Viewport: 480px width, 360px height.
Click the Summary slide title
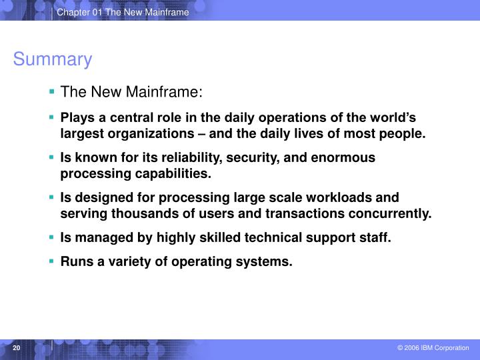pyautogui.click(x=52, y=60)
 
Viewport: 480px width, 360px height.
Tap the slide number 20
pyautogui.click(x=17, y=348)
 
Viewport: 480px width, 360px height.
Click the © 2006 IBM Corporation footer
pyautogui.click(x=433, y=348)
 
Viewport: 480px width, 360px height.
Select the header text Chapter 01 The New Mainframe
pyautogui.click(x=123, y=13)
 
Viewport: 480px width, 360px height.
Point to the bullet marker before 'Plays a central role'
pyautogui.click(x=52, y=118)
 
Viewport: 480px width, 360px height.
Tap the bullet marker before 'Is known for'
pyautogui.click(x=52, y=158)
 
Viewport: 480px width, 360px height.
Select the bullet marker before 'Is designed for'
pyautogui.click(x=52, y=198)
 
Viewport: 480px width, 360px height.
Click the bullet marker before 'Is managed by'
pyautogui.click(x=52, y=238)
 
